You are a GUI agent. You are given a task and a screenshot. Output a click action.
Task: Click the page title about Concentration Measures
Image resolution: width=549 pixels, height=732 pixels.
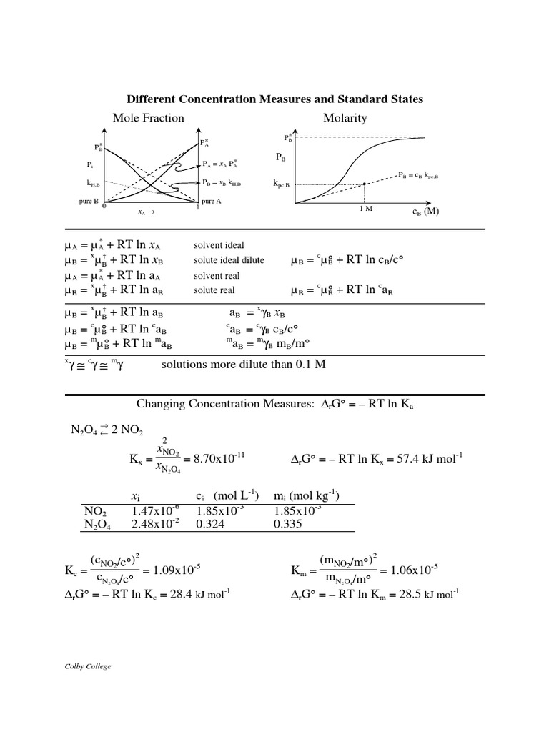[274, 99]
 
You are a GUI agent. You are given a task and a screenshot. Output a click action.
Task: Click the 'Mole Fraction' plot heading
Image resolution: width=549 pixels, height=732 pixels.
[148, 118]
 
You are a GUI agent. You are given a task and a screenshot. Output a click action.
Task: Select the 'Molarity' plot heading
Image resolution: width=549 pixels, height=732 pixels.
[345, 118]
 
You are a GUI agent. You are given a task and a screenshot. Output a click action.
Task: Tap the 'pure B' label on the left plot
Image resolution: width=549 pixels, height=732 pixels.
[89, 202]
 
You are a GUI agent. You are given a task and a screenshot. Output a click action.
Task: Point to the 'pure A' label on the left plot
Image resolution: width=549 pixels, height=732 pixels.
[212, 202]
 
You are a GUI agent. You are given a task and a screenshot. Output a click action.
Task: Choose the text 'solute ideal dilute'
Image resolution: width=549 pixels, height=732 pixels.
[229, 261]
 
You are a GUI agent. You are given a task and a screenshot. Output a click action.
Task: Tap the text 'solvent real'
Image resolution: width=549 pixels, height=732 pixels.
[217, 276]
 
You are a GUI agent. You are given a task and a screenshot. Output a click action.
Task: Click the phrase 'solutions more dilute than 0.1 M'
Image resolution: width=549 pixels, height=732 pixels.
[243, 365]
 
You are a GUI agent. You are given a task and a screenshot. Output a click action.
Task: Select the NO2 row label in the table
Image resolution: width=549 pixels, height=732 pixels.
[95, 511]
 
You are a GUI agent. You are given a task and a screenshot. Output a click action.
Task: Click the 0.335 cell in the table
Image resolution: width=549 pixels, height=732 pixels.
[288, 524]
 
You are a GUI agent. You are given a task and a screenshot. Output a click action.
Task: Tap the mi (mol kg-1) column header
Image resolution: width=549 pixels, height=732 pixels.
[307, 497]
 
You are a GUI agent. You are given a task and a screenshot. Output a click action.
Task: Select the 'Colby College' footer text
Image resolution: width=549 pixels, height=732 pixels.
[89, 666]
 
